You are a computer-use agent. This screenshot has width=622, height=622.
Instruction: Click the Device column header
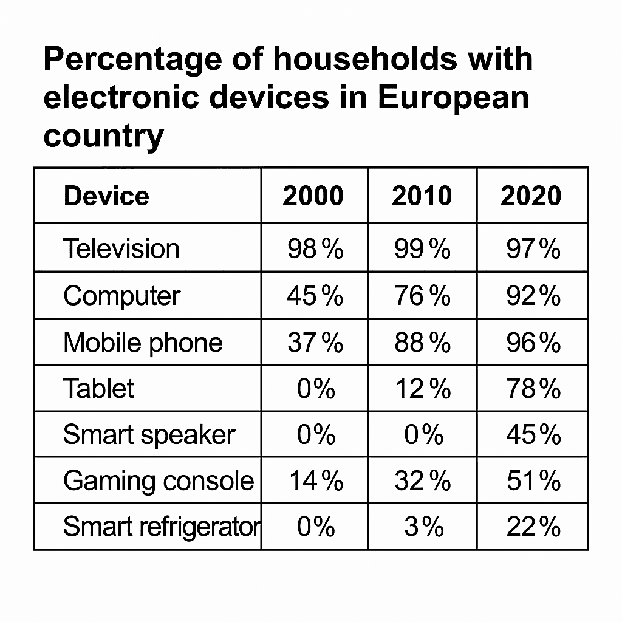click(106, 196)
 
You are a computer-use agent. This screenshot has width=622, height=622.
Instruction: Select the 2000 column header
click(313, 196)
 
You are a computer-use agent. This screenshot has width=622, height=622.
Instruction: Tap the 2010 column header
click(422, 196)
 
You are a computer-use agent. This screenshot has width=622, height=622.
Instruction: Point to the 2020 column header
click(531, 196)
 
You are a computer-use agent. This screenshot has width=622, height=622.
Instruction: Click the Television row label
click(121, 248)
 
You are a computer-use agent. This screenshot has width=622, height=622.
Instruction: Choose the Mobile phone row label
click(143, 343)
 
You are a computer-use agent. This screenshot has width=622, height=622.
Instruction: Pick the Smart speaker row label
click(149, 435)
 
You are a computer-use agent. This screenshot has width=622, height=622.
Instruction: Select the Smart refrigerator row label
click(162, 527)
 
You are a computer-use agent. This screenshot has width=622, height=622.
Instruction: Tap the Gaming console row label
click(159, 481)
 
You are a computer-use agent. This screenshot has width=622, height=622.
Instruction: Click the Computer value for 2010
click(423, 296)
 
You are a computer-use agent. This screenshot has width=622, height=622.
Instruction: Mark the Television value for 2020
click(533, 248)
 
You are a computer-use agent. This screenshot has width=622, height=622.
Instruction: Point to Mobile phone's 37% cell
click(315, 343)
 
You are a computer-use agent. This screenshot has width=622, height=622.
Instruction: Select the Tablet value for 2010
click(423, 388)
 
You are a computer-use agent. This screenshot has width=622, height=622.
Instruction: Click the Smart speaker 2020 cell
click(533, 435)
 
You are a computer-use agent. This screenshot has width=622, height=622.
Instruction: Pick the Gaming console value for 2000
click(316, 481)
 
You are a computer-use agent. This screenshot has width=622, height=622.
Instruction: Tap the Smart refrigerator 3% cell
click(424, 527)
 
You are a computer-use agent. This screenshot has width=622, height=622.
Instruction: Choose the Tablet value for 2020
click(533, 388)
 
